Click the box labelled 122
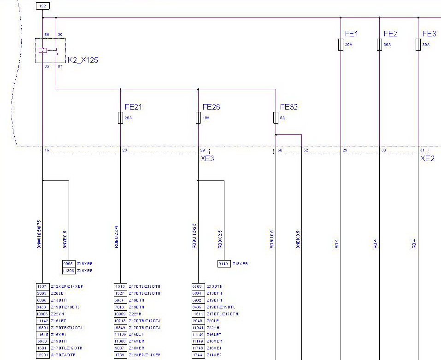coord(42,6)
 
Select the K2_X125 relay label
coord(83,60)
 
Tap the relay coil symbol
coord(42,50)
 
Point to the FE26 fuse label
coord(211,107)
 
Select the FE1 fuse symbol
coord(341,45)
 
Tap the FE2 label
coord(390,34)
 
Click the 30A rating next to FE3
coord(426,45)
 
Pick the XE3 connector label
coord(207,159)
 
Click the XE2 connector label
coord(427,159)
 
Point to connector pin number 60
coord(280,150)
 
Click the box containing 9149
coord(223,264)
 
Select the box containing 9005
coord(68,264)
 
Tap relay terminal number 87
coord(60,66)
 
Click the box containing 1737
coord(42,286)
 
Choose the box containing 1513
coord(120,286)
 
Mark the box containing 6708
coord(197,286)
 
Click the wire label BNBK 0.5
coord(298,240)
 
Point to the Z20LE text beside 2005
coord(57,293)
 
